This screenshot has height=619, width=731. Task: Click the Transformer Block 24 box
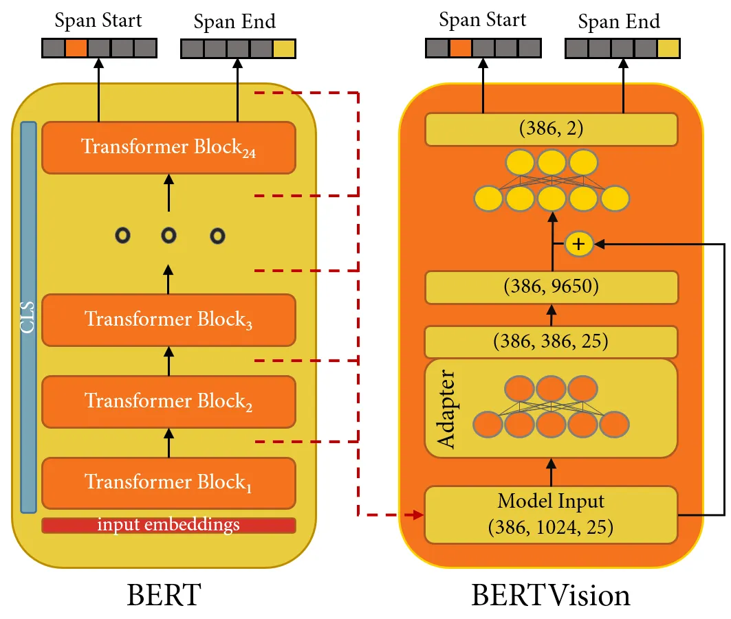pos(168,148)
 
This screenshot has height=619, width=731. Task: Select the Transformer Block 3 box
pos(168,320)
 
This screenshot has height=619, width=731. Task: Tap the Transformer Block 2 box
pos(168,401)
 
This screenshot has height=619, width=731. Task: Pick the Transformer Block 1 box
pos(168,482)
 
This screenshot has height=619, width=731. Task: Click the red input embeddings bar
pos(168,526)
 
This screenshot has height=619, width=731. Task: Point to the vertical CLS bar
pos(28,317)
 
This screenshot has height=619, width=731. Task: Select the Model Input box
pos(551,515)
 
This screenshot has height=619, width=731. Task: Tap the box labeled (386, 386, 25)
pos(551,341)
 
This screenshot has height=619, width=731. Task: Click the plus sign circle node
pos(579,244)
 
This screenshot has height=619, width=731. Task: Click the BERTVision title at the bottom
pos(550,595)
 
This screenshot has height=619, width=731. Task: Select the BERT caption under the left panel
pos(164,595)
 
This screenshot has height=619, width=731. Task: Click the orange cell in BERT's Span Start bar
pos(76,48)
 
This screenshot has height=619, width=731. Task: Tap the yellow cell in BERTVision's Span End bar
pos(668,48)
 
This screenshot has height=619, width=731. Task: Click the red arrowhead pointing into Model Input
pos(417,515)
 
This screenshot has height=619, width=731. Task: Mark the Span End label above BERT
pos(234,22)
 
